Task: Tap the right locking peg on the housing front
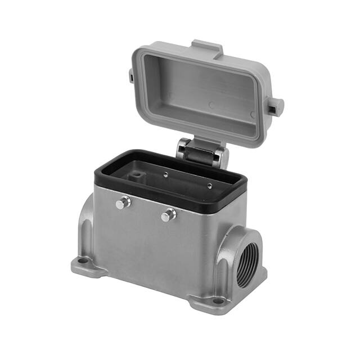click(x=168, y=214)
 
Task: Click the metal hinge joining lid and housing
click(x=200, y=151)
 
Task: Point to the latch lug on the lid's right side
click(x=275, y=105)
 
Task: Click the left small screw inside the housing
click(x=166, y=175)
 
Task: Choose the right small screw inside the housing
click(x=209, y=186)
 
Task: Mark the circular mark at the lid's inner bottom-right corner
click(x=253, y=114)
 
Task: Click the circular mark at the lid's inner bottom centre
click(x=211, y=105)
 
